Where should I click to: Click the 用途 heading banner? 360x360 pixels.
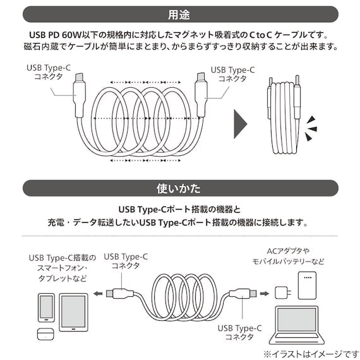pyautogui.click(x=180, y=13)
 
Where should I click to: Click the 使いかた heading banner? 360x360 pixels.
pyautogui.click(x=180, y=188)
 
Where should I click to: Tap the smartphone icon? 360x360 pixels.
pyautogui.click(x=47, y=307)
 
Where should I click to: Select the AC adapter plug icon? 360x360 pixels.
pyautogui.click(x=282, y=292)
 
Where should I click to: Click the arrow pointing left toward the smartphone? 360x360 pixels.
pyautogui.click(x=97, y=293)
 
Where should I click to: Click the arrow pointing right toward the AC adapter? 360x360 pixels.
pyautogui.click(x=265, y=292)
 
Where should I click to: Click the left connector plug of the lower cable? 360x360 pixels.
pyautogui.click(x=116, y=293)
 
